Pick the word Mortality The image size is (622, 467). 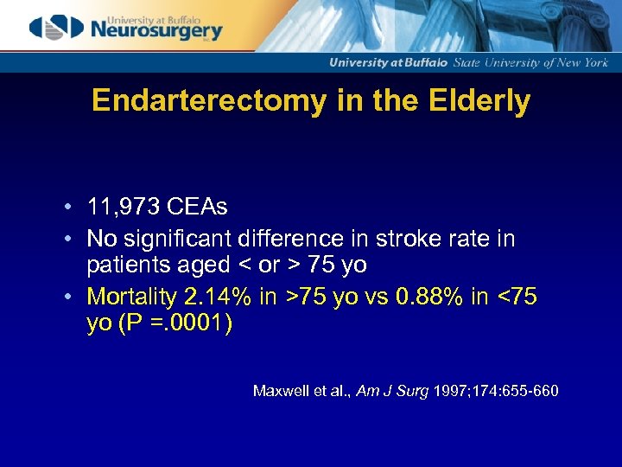click(x=131, y=297)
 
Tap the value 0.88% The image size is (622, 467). click(x=429, y=297)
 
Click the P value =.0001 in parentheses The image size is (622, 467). click(x=188, y=325)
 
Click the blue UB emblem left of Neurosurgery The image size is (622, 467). click(x=56, y=27)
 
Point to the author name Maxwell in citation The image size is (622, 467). click(x=280, y=391)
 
